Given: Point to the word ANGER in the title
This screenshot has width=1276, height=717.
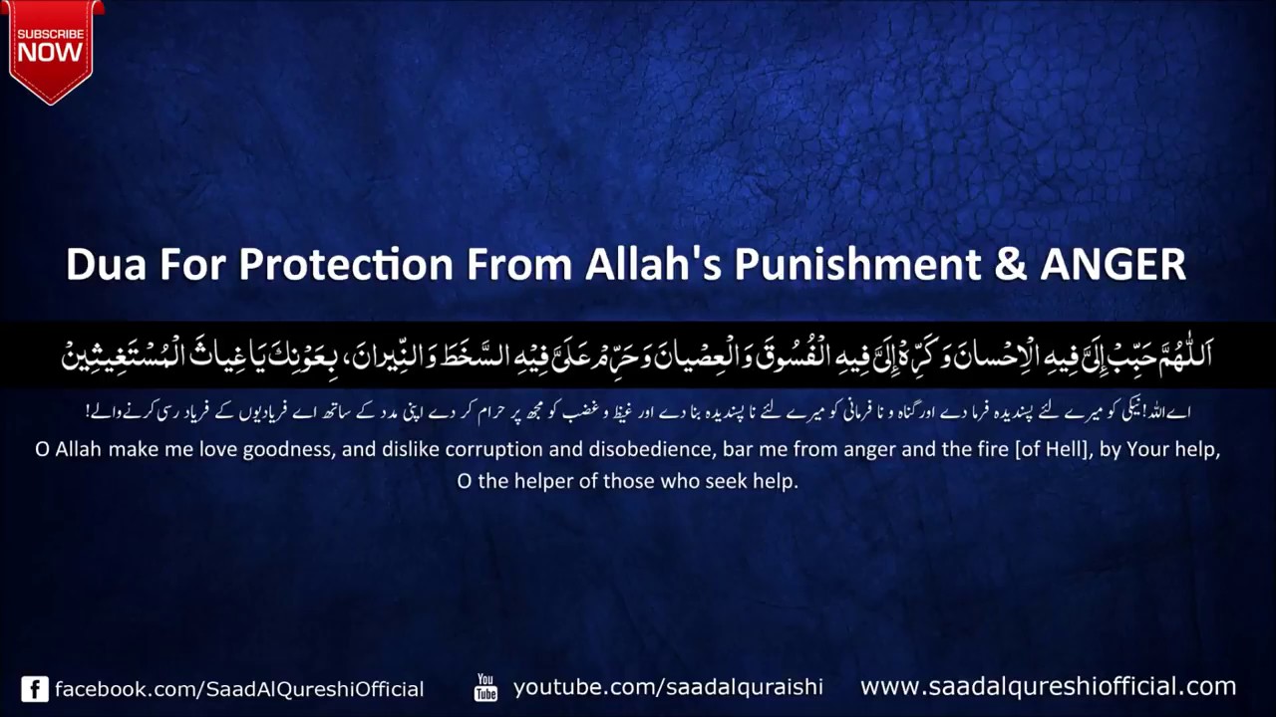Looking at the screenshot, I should tap(1113, 265).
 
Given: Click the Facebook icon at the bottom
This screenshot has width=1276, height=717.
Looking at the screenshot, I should tap(35, 689).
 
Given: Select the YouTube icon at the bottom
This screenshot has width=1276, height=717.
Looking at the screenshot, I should tap(485, 687).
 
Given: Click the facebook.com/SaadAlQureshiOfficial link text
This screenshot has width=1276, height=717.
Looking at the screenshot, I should tap(239, 689).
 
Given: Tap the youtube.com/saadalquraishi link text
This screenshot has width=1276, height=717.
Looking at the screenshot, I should tap(668, 687).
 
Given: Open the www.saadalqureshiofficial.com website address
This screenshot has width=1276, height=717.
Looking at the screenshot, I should tap(1048, 686).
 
